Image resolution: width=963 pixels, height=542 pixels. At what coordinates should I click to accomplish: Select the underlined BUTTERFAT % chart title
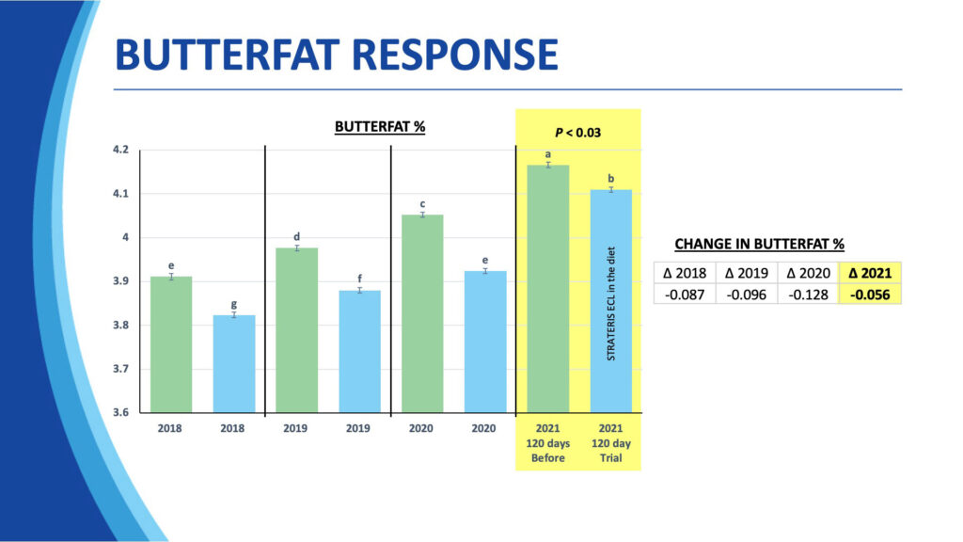click(x=380, y=126)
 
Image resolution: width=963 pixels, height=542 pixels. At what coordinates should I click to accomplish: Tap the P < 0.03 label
click(x=577, y=132)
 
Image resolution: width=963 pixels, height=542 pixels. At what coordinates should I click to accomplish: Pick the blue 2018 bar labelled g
click(x=233, y=363)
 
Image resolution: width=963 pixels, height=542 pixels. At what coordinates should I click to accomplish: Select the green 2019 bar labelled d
click(x=296, y=329)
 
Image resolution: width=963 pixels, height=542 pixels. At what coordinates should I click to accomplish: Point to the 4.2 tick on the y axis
click(x=122, y=150)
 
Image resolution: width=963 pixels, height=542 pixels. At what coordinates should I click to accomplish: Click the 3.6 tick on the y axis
click(x=122, y=412)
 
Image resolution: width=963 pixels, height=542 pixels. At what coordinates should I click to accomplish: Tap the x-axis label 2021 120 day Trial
click(x=609, y=443)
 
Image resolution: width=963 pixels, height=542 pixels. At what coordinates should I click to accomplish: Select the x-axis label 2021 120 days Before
click(x=547, y=443)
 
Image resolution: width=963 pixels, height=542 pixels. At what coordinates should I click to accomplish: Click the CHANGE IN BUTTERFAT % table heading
click(x=776, y=245)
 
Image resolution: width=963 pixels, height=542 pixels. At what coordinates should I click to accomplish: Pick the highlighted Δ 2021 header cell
click(x=870, y=274)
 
